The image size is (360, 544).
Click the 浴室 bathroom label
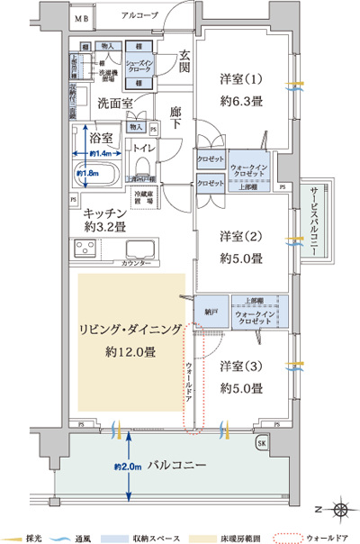click(x=101, y=138)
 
